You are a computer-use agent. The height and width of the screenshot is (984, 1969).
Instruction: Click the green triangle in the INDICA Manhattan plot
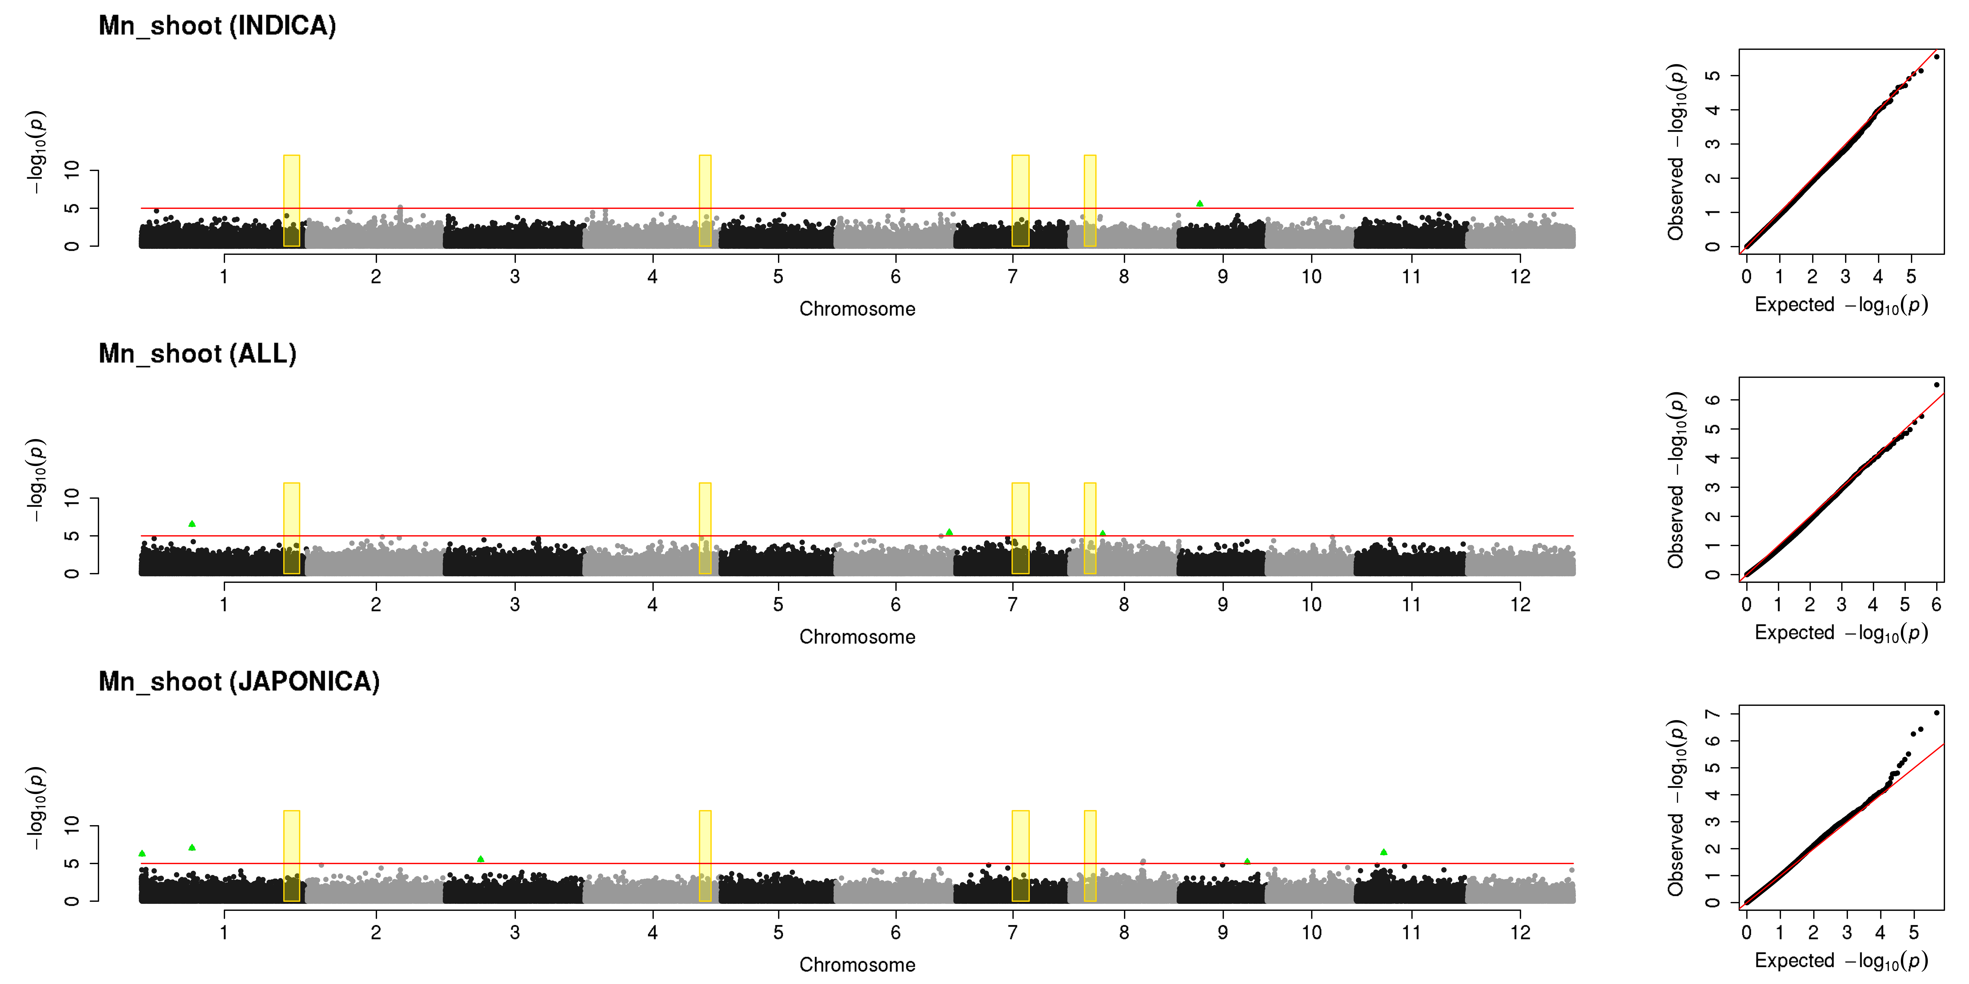coord(1199,203)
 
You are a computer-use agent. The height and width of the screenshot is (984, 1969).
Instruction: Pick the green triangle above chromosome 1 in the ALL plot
coord(192,523)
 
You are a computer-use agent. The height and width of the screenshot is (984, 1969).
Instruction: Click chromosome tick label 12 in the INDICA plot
coord(1520,277)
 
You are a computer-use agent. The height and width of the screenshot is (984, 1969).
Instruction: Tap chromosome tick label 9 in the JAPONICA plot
coord(1223,932)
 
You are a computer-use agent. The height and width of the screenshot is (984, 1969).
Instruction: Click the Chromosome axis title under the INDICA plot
coord(857,309)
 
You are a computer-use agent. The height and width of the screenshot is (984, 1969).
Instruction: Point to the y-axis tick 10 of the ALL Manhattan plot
coord(71,498)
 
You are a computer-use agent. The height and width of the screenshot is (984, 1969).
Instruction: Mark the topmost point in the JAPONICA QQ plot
coord(1936,713)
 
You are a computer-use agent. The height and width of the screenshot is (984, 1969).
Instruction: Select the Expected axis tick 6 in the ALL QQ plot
coord(1936,604)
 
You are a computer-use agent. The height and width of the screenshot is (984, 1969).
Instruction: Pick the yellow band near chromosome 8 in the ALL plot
coord(1090,528)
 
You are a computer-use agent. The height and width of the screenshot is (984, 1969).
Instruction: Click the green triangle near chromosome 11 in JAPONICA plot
coord(1383,852)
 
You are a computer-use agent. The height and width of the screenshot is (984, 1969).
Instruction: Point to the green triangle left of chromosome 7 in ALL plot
coord(949,532)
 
